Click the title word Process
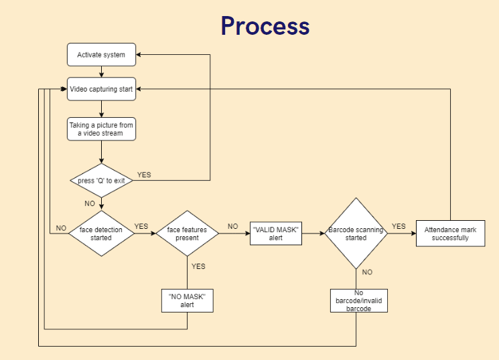pos(265,26)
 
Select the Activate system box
pos(101,55)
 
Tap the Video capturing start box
pos(101,89)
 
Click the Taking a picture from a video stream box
pos(101,129)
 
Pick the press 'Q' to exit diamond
pos(101,181)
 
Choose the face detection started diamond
pos(101,234)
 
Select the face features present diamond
pos(188,234)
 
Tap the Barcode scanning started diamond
pos(356,234)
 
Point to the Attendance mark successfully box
pos(450,234)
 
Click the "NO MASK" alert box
pos(187,300)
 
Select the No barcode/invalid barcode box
pos(359,300)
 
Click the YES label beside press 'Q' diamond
pos(144,175)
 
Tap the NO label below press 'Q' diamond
pos(89,203)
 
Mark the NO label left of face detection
pos(61,228)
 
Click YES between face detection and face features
pos(141,226)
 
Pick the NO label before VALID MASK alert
pos(232,226)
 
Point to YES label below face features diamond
pos(199,266)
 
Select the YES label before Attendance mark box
pos(399,226)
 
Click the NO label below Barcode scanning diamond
pos(367,272)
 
